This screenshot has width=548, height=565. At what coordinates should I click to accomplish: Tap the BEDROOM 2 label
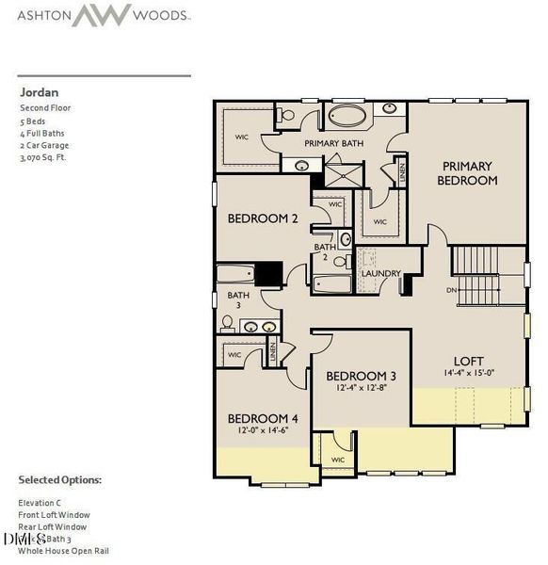tap(263, 218)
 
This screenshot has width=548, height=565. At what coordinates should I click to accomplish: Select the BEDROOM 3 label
tap(361, 376)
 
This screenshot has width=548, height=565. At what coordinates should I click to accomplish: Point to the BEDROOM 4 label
tap(263, 418)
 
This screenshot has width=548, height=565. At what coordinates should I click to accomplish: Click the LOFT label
tap(468, 361)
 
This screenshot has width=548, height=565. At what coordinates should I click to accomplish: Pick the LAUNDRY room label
tap(381, 274)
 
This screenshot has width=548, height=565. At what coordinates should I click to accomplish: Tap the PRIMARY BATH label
tap(333, 143)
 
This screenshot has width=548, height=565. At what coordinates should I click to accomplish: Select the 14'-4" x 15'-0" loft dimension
tap(468, 373)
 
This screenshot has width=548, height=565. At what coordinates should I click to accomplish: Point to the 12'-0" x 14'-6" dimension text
tap(263, 430)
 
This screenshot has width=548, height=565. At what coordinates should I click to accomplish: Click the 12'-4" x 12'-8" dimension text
tap(361, 388)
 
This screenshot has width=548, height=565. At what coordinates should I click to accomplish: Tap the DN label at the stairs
tap(452, 290)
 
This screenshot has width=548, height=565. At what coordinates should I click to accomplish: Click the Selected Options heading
tap(59, 480)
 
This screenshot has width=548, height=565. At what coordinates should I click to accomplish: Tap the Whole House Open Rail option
tap(63, 550)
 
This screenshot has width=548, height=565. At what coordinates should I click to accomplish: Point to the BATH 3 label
tap(239, 300)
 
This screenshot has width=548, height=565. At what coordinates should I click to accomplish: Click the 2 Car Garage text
tap(44, 145)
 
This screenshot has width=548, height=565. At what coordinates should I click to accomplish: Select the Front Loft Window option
tap(58, 515)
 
